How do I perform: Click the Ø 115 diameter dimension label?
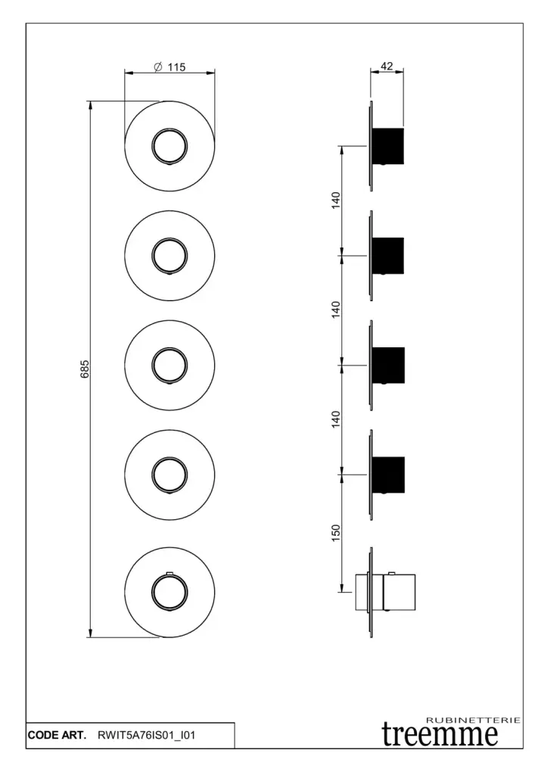click(x=170, y=67)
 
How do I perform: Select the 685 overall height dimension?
click(x=85, y=369)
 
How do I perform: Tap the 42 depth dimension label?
click(x=387, y=67)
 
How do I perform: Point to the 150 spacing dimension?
click(x=336, y=533)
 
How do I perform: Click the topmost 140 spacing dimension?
click(x=336, y=200)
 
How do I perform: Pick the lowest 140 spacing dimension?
click(x=336, y=419)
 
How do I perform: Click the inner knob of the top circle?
click(x=169, y=146)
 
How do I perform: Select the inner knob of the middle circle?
click(x=169, y=366)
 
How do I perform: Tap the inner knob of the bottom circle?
click(x=169, y=592)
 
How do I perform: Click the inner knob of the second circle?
click(x=169, y=256)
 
